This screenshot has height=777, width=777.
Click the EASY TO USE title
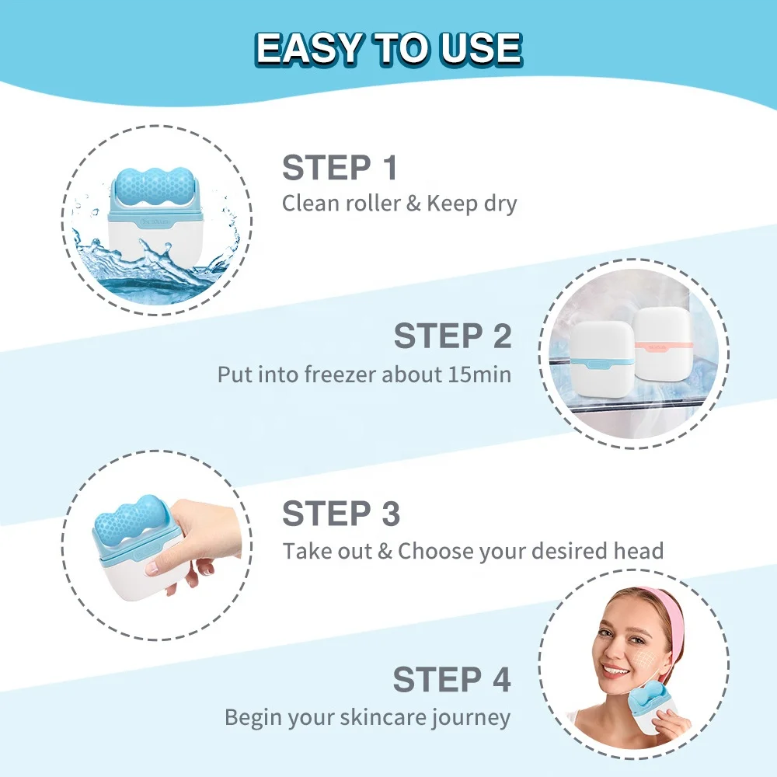pos(388,49)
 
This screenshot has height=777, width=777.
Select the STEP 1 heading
pos(340,168)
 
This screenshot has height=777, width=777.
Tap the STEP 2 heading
pos(452,336)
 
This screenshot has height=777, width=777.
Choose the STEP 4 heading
pos(451,679)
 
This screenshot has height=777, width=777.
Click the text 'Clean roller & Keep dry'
pos(399,204)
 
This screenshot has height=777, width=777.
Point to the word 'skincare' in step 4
pos(380,717)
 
